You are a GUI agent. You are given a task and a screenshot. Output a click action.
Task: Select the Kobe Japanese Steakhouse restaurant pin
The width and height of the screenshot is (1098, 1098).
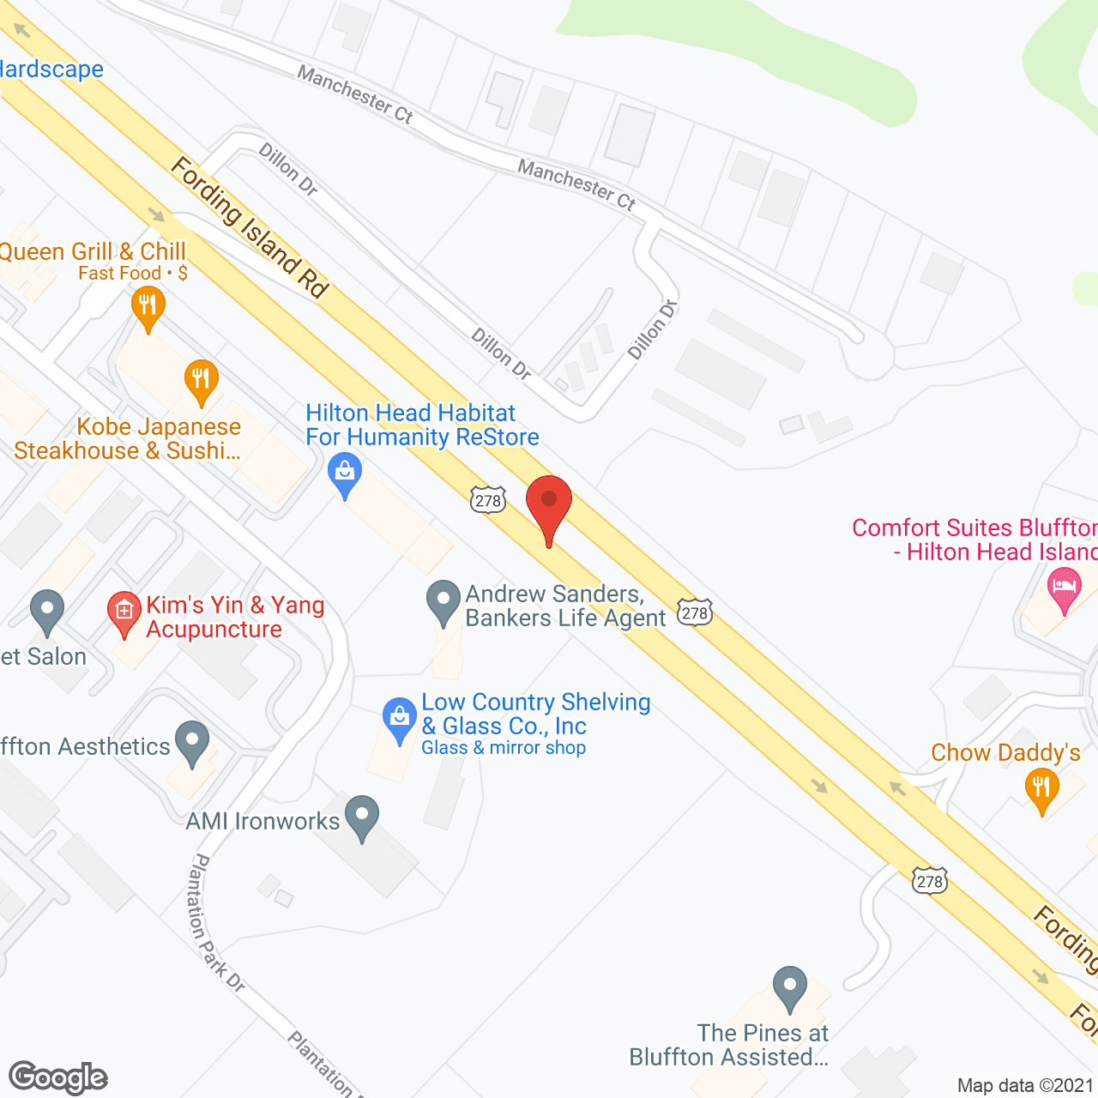pyautogui.click(x=201, y=380)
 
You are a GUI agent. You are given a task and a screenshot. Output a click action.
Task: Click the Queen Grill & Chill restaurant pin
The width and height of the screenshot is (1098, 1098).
pyautogui.click(x=148, y=307)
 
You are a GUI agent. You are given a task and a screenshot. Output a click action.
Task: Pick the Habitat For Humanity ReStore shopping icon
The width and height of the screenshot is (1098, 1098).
pyautogui.click(x=345, y=474)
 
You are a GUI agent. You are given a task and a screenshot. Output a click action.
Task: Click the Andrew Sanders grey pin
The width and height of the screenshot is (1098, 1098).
pyautogui.click(x=443, y=601)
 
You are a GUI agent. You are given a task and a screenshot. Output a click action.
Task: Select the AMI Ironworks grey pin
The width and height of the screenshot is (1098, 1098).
pyautogui.click(x=362, y=816)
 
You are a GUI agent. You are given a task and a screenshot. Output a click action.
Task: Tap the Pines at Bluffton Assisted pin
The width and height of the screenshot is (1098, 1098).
pyautogui.click(x=789, y=986)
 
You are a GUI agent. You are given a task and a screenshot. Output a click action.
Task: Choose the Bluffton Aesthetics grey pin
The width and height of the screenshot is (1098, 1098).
pyautogui.click(x=192, y=743)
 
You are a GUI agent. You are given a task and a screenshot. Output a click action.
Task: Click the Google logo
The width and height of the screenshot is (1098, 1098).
pyautogui.click(x=58, y=1077)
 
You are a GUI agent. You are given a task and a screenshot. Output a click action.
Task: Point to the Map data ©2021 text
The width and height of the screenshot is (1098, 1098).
pyautogui.click(x=1026, y=1085)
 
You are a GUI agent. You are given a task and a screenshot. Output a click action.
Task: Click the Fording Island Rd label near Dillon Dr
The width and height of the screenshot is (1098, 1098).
pyautogui.click(x=250, y=228)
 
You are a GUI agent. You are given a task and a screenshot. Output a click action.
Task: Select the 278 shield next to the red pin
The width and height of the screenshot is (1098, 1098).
pyautogui.click(x=487, y=500)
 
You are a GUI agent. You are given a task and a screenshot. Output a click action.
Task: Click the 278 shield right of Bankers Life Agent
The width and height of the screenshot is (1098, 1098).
pyautogui.click(x=694, y=612)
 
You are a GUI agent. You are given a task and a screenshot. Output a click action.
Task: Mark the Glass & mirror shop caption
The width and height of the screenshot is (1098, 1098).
pyautogui.click(x=504, y=748)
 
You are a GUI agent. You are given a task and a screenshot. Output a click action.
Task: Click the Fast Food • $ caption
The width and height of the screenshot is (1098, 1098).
pyautogui.click(x=133, y=274)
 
